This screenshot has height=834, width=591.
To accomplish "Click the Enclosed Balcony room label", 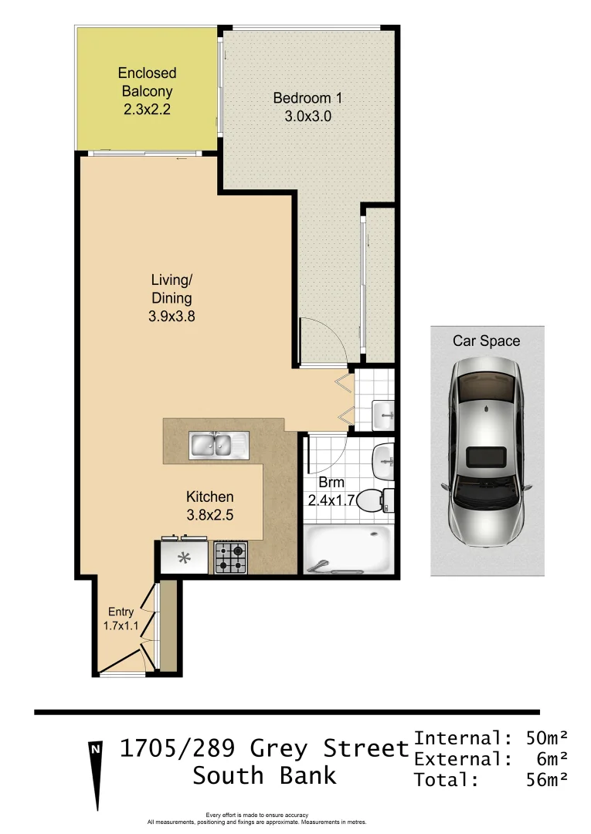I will click(x=147, y=82).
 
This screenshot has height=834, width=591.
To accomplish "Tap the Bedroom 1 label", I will click(x=307, y=98).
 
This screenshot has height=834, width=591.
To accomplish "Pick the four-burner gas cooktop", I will click(x=230, y=557).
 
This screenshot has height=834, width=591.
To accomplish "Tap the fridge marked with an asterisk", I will click(x=185, y=558).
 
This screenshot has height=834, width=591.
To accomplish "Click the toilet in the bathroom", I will click(x=374, y=500).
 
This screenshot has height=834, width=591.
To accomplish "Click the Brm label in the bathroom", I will click(x=331, y=483).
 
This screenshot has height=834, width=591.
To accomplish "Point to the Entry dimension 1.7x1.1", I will click(x=121, y=626).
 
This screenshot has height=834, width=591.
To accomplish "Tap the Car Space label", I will click(x=487, y=341).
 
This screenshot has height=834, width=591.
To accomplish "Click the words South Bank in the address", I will click(x=264, y=775).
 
